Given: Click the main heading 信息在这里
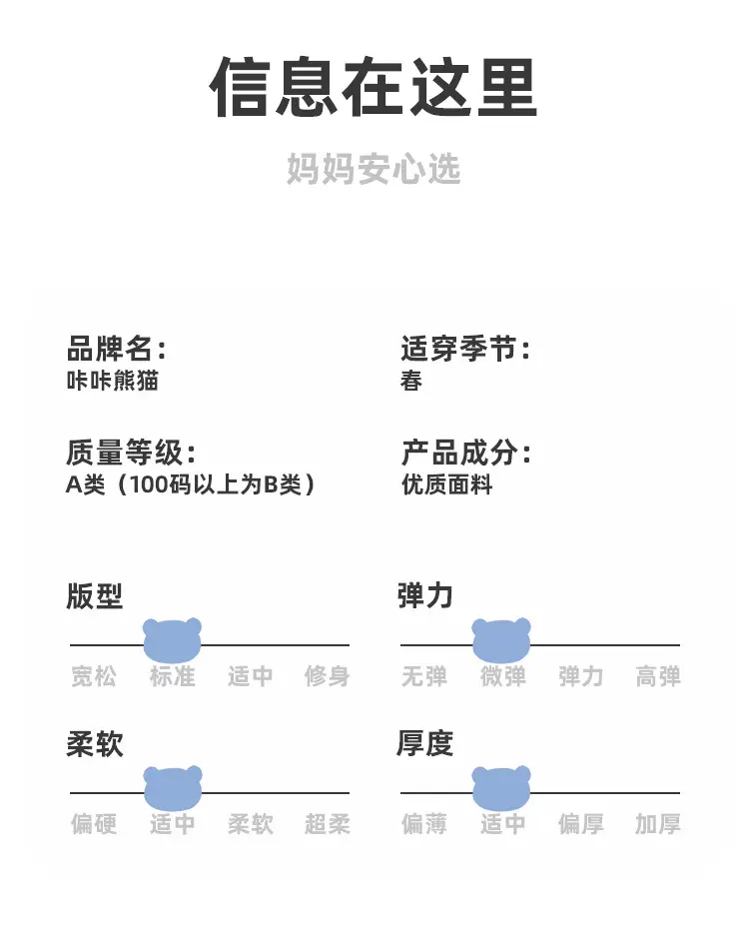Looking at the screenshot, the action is pos(374,87).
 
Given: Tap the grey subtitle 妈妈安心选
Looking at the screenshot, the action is pos(374,169).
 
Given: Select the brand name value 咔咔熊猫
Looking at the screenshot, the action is pos(113,381).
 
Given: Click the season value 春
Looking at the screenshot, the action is pos(411,381).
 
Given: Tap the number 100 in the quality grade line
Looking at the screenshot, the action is pos(147,484).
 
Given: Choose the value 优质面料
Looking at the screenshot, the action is pos(447,484).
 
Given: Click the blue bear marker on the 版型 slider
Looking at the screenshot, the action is pos(173,640).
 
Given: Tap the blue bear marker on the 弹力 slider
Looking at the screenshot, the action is pos(501,640).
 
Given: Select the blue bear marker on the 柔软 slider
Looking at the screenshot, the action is pos(173,788).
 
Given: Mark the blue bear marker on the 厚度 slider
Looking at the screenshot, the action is pos(501,788).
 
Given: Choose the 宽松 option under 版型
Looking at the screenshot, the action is pos(94,677).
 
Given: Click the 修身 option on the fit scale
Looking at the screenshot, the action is pos(328,677).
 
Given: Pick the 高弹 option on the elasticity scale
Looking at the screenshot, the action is pos(658,677).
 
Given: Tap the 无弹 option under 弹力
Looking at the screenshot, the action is pos(424,677).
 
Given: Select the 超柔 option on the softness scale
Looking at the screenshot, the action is pos(328,824).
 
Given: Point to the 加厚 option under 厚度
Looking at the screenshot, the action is pos(658,824).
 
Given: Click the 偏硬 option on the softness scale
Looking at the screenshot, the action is pos(94,824).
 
